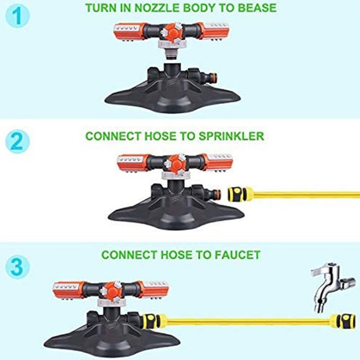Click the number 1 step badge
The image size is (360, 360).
(18, 16)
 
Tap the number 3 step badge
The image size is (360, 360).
(18, 267)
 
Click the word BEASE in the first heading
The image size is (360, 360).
(257, 8)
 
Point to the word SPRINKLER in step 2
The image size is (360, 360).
(231, 136)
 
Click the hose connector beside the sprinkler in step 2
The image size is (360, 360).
(240, 194)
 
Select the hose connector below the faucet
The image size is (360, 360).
(343, 321)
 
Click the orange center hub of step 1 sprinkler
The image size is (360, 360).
(171, 32)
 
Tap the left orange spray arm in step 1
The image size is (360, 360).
(129, 32)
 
